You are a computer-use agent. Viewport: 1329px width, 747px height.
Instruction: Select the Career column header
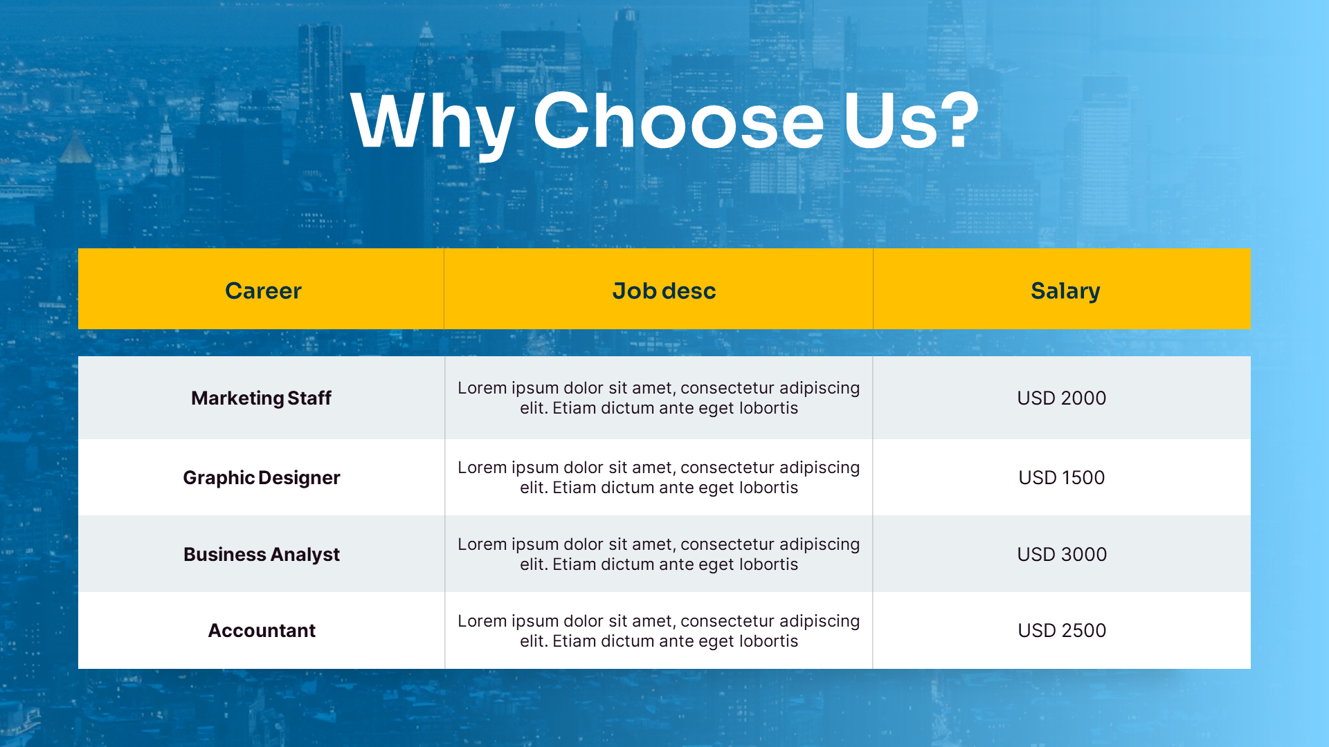coord(263,290)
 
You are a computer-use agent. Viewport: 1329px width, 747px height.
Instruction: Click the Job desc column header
coord(664,290)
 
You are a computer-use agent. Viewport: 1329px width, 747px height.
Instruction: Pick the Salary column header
coord(1065,290)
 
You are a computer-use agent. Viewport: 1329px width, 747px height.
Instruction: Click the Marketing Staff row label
coord(261,398)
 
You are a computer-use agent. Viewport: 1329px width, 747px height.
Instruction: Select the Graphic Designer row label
coord(261,478)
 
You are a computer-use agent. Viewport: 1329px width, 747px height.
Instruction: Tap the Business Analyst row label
coord(261,555)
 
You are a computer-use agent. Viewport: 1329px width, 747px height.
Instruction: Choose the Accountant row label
coord(261,631)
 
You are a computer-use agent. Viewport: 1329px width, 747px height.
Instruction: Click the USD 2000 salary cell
coord(1061,398)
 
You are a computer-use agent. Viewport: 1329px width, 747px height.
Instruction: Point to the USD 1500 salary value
coord(1061,478)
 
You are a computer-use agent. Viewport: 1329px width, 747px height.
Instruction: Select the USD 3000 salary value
coord(1061,555)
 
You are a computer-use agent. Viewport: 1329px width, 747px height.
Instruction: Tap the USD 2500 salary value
coord(1061,631)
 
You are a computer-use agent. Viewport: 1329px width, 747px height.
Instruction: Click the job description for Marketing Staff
coord(658,398)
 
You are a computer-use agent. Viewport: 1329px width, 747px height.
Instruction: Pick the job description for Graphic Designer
coord(658,478)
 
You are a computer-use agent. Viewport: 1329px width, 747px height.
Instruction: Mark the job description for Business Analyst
coord(658,555)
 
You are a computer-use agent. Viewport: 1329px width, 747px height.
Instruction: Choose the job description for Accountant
coord(658,631)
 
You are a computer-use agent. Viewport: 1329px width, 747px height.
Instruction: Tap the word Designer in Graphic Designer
coord(299,478)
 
